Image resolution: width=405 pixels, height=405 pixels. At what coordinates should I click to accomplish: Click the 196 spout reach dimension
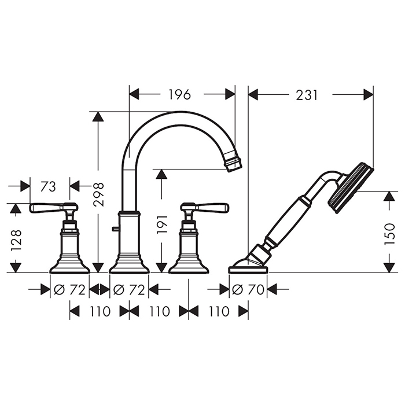pos(180,94)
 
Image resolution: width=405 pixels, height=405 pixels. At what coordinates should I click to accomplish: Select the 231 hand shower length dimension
pos(306,95)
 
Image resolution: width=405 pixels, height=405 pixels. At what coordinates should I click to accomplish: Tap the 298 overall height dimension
pos(98,194)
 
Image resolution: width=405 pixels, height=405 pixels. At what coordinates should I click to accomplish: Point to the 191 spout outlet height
pos(162,224)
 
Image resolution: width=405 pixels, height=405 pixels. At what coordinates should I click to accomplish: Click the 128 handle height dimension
pos(16,240)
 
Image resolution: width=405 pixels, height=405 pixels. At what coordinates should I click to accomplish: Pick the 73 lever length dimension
pos(48,186)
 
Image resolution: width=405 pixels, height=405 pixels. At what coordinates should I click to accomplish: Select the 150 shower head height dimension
pos(390,234)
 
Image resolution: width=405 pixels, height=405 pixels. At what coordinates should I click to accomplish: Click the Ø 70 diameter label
pos(248,289)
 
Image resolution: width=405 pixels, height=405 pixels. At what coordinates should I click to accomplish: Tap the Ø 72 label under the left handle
pos(69,289)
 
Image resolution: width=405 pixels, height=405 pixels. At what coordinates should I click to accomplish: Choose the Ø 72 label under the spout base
pos(129,289)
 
